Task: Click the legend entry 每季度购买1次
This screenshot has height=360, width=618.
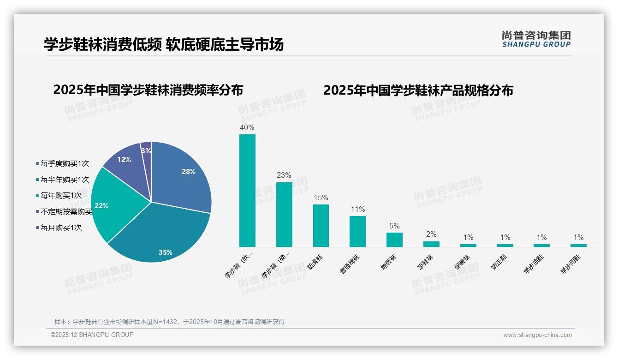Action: click(x=64, y=163)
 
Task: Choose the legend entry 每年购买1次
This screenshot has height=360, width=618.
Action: click(x=61, y=196)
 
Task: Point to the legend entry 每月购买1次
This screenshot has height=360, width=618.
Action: click(x=61, y=228)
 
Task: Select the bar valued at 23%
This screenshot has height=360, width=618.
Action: click(x=284, y=214)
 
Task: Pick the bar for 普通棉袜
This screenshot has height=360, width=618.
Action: click(x=357, y=231)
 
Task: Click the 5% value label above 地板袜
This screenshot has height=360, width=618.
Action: click(x=394, y=226)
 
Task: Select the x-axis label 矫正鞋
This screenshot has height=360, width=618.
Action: click(x=499, y=261)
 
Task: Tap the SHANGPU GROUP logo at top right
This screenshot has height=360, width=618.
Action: click(x=536, y=39)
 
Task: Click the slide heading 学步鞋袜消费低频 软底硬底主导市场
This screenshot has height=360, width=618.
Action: click(x=164, y=44)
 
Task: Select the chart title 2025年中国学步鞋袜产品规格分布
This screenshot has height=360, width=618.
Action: click(x=418, y=90)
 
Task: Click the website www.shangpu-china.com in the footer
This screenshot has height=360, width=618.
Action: click(x=537, y=335)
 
